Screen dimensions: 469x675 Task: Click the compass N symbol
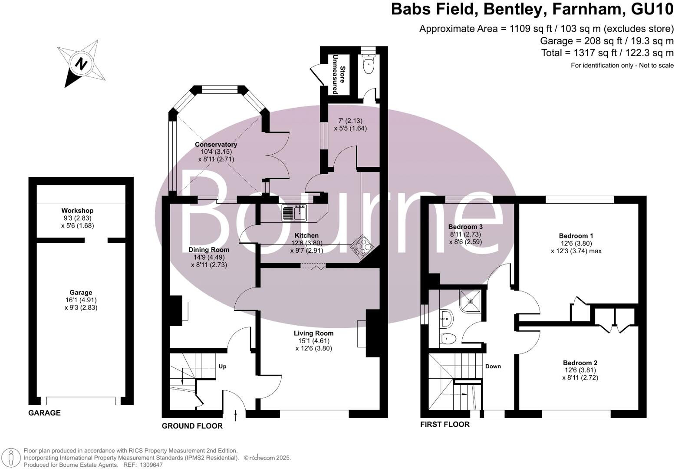[x=81, y=64]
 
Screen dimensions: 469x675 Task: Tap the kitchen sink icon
[x=295, y=212]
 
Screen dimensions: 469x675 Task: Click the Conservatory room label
[x=216, y=145]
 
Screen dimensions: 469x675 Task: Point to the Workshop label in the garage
[x=77, y=211]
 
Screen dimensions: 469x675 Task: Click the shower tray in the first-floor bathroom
[x=471, y=301]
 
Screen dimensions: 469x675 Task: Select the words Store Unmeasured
[x=339, y=74]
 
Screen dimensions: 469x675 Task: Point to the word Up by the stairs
[x=223, y=367]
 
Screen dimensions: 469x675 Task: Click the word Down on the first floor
[x=493, y=367]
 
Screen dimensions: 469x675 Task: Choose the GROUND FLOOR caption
[x=192, y=426]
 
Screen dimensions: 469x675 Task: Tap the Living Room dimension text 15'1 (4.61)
[x=313, y=341]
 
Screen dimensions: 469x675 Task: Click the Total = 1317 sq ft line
[x=607, y=53]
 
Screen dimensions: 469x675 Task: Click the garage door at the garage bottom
[x=81, y=400]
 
